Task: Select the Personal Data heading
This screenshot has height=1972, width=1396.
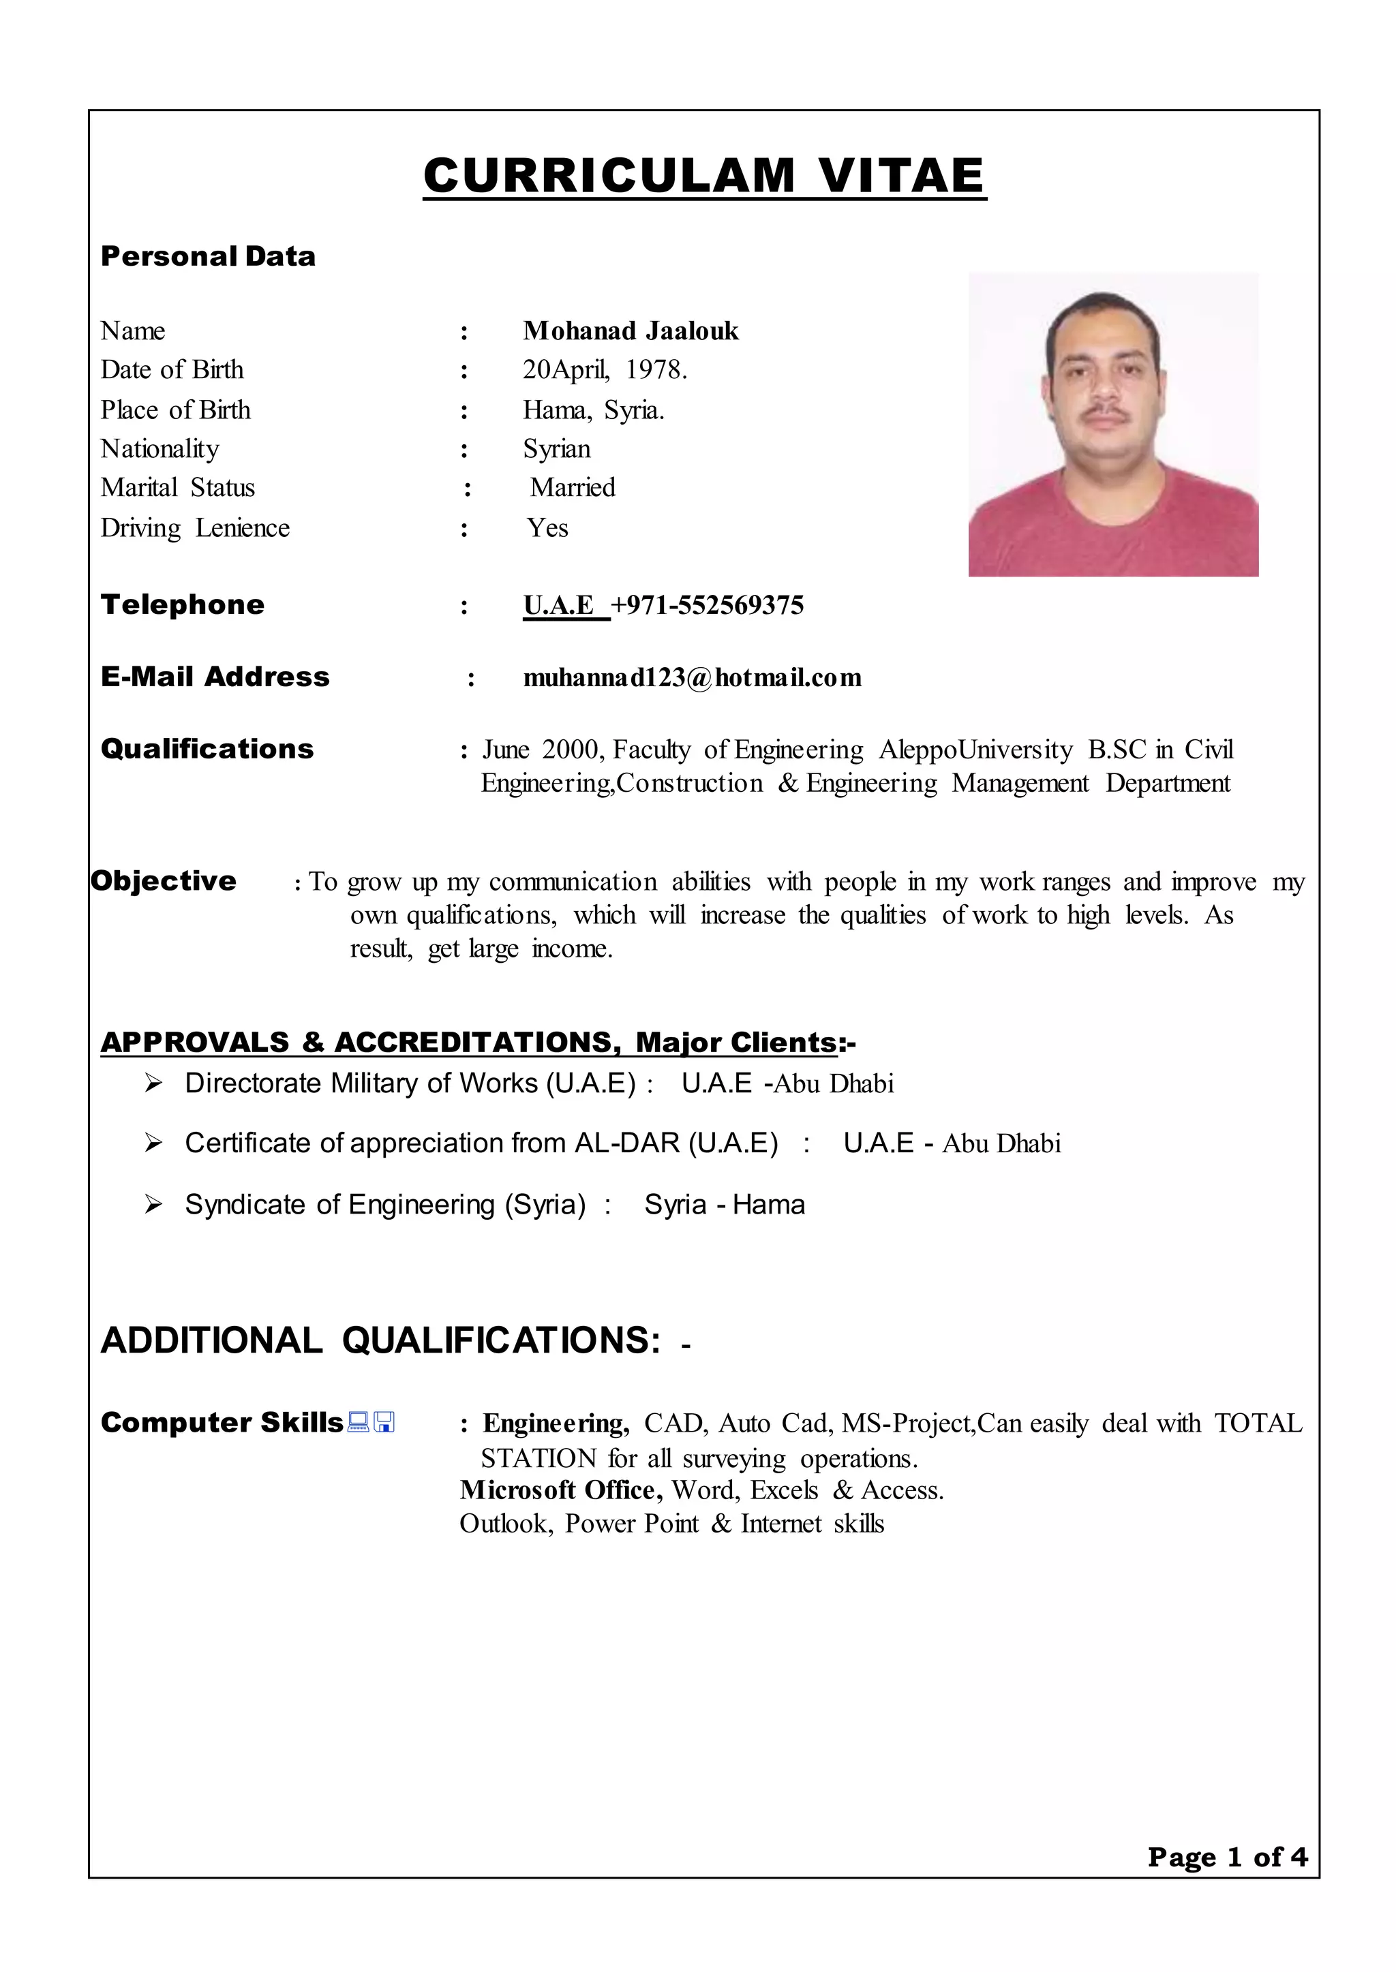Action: (x=208, y=256)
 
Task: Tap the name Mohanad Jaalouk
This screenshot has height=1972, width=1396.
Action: (x=630, y=330)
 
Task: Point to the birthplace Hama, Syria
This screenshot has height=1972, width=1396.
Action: (x=593, y=410)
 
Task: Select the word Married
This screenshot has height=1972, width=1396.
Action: (x=573, y=487)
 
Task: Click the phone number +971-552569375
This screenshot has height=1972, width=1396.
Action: (x=707, y=605)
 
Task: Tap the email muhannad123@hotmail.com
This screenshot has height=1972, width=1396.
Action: (x=692, y=677)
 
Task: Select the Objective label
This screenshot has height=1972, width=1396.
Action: (x=164, y=881)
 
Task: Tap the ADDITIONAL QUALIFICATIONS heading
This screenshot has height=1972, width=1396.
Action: (x=381, y=1340)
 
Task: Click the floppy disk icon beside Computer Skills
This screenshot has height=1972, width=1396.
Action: (x=384, y=1423)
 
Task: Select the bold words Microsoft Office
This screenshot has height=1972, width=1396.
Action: (x=560, y=1490)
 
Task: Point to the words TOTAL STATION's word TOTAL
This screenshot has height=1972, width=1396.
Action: (x=1258, y=1423)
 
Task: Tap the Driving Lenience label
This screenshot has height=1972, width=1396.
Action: (x=195, y=527)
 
